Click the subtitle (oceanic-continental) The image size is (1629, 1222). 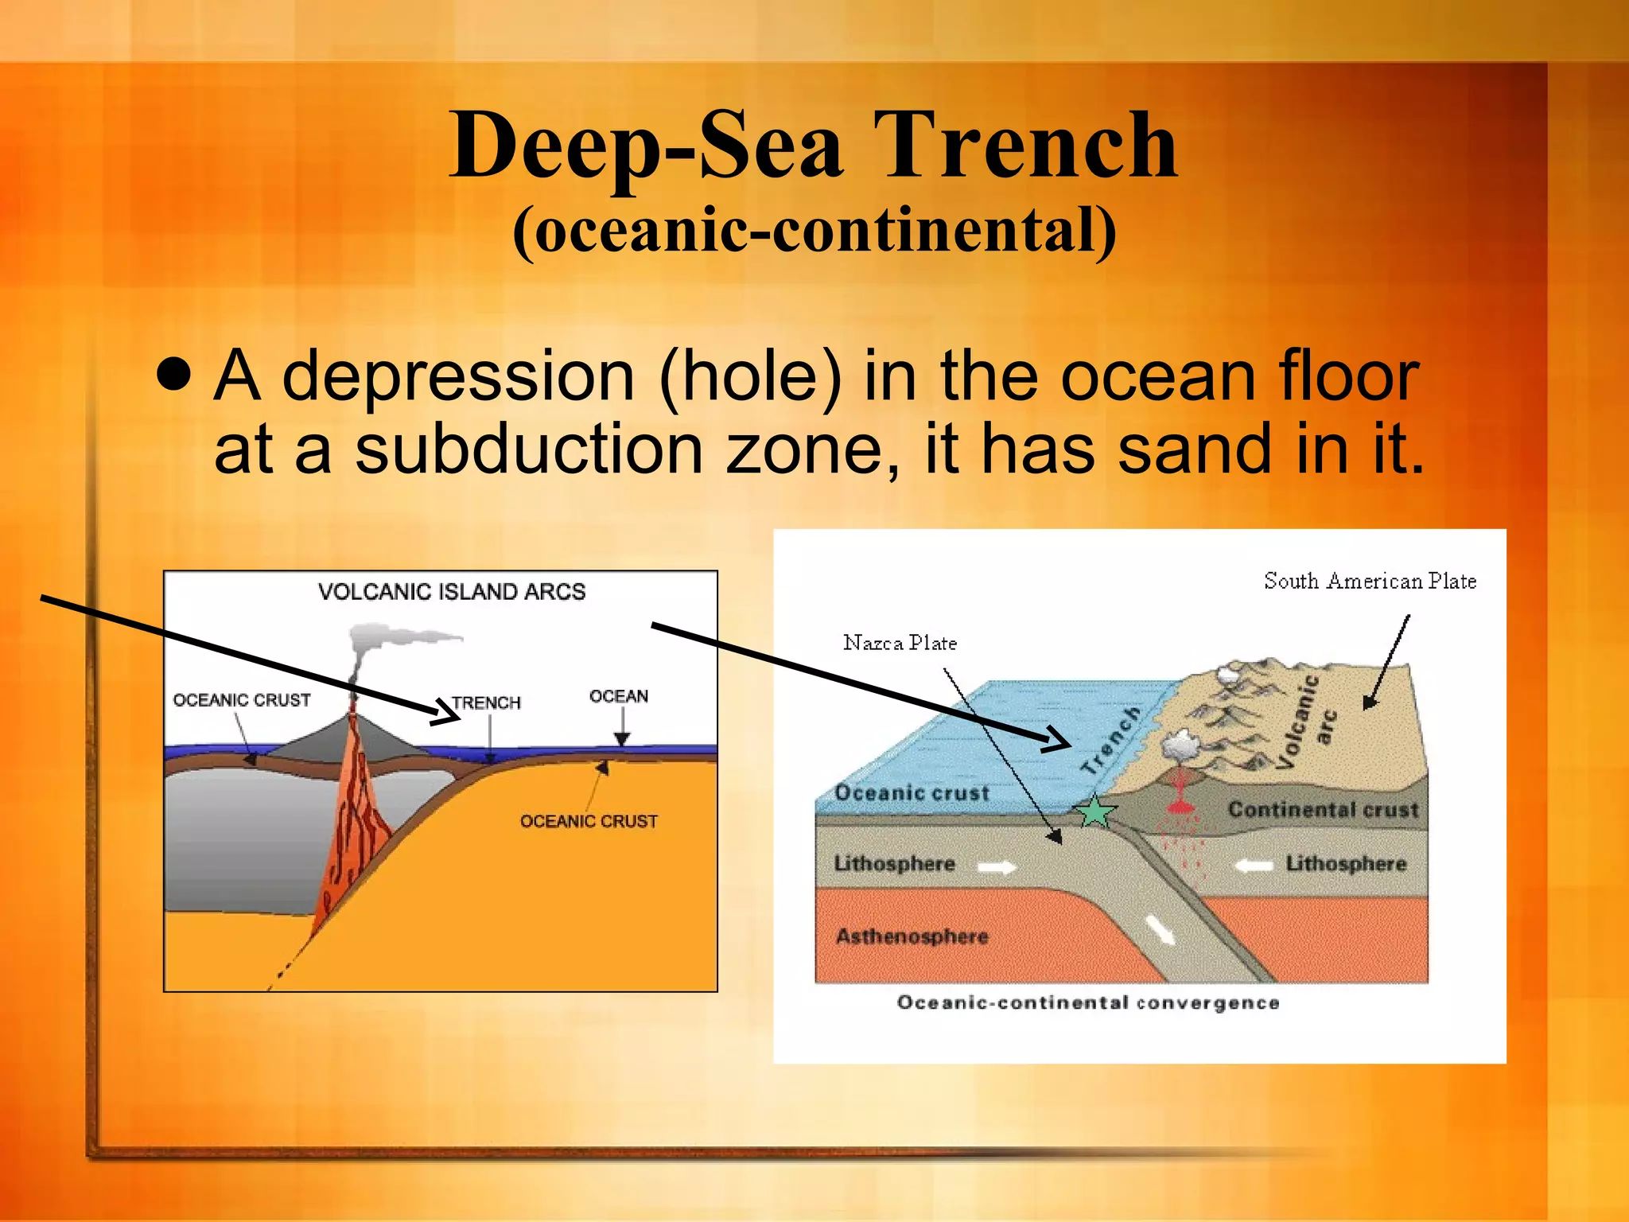pyautogui.click(x=814, y=231)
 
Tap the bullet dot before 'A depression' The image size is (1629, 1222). pyautogui.click(x=174, y=374)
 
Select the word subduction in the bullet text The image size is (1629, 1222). pyautogui.click(x=528, y=449)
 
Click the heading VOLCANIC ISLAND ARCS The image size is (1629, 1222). pyautogui.click(x=451, y=592)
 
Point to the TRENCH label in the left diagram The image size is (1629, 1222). pyautogui.click(x=486, y=702)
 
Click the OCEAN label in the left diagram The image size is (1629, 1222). pyautogui.click(x=618, y=696)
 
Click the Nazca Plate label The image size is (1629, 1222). pyautogui.click(x=900, y=643)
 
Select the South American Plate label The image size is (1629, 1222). pyautogui.click(x=1370, y=582)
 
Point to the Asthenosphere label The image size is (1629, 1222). pyautogui.click(x=912, y=936)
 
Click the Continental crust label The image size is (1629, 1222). pyautogui.click(x=1323, y=810)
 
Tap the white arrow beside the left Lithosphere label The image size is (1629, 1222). pyautogui.click(x=997, y=867)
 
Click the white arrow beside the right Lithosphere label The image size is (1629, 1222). pyautogui.click(x=1254, y=866)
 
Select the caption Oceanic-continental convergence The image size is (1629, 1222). pyautogui.click(x=1087, y=1002)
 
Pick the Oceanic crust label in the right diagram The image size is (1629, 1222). pyautogui.click(x=912, y=793)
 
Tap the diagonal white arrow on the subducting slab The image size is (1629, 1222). pyautogui.click(x=1161, y=929)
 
